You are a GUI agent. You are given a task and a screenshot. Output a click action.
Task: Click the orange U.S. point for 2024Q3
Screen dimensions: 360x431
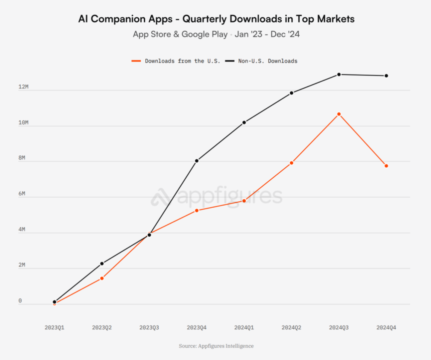pyautogui.click(x=339, y=114)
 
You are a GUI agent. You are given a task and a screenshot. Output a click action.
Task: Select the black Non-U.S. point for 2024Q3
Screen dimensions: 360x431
pyautogui.click(x=339, y=75)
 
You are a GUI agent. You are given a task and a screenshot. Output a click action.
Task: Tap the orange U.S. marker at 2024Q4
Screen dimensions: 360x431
pyautogui.click(x=386, y=166)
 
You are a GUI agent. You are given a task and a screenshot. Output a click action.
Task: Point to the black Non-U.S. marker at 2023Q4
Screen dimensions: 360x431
pyautogui.click(x=197, y=161)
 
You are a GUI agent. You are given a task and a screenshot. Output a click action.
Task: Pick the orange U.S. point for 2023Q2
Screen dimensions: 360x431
pyautogui.click(x=102, y=278)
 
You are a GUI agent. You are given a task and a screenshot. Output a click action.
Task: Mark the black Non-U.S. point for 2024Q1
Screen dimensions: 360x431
pyautogui.click(x=244, y=122)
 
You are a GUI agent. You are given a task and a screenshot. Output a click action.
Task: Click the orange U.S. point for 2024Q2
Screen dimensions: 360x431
pyautogui.click(x=292, y=163)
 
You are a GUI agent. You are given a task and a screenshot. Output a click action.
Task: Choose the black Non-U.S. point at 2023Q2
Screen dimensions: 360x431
pyautogui.click(x=102, y=264)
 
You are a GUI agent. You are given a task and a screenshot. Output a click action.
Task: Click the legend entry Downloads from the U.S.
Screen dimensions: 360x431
pyautogui.click(x=176, y=61)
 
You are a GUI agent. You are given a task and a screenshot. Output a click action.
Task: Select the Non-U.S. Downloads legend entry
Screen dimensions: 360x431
pyautogui.click(x=262, y=61)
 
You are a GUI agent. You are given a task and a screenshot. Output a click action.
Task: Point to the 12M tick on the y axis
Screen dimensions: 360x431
pyautogui.click(x=23, y=87)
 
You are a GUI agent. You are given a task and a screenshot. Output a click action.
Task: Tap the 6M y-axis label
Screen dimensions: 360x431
pyautogui.click(x=22, y=194)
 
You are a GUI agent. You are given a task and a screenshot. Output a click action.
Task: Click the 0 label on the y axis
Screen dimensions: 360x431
pyautogui.click(x=20, y=301)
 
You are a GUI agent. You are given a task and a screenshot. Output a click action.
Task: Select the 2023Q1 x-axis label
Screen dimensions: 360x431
pyautogui.click(x=54, y=327)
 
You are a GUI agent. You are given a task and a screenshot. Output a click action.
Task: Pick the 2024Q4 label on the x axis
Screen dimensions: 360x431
pyautogui.click(x=386, y=327)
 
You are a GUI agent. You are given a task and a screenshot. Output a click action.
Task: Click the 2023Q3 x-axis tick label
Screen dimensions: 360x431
pyautogui.click(x=149, y=327)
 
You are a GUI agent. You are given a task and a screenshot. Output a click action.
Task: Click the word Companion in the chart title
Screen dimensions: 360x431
pyautogui.click(x=132, y=19)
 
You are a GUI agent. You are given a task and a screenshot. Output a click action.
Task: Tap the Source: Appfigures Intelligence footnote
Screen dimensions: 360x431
pyautogui.click(x=216, y=346)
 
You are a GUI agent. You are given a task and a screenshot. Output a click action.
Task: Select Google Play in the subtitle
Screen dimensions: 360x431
pyautogui.click(x=204, y=34)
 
